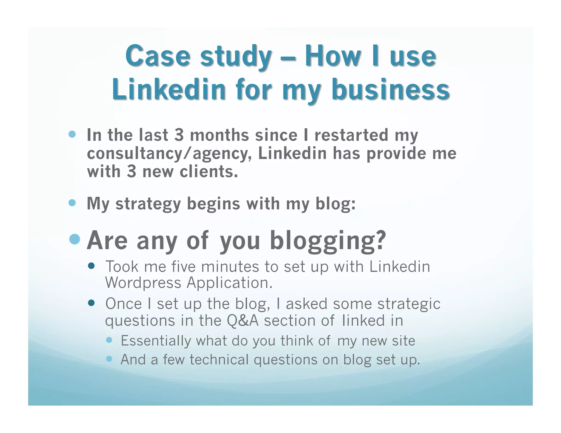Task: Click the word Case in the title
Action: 158,56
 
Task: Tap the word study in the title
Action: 236,57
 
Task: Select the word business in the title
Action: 390,89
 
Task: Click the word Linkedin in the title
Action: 168,89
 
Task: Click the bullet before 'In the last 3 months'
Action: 72,134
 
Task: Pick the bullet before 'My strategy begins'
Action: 72,203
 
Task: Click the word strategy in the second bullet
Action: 148,204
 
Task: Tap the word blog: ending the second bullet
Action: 336,204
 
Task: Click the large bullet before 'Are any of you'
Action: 75,239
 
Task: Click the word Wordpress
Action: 143,283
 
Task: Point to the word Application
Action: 230,283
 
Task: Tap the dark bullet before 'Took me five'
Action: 91,266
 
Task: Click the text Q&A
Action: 242,321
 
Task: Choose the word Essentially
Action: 156,341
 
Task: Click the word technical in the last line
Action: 219,360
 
